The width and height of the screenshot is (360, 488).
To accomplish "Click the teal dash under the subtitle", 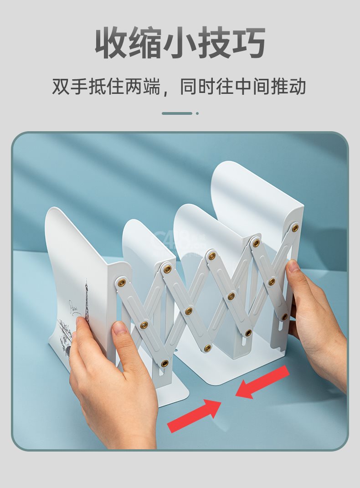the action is coord(177,113).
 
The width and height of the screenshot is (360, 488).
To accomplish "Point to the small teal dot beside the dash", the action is coord(197,113).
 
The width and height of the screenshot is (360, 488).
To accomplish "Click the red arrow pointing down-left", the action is coord(262,382).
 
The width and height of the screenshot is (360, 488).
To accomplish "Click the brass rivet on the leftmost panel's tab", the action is coord(122,283).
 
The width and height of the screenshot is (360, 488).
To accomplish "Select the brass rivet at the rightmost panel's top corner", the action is coord(295,228).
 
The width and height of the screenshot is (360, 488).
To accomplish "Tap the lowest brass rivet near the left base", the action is coord(165,363).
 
